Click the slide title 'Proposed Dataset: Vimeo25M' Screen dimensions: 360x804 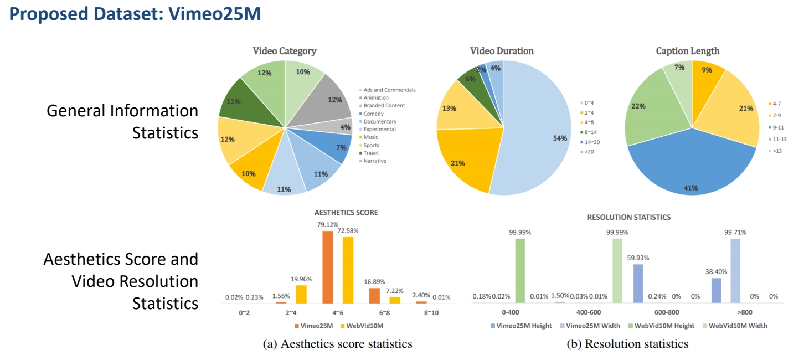136,14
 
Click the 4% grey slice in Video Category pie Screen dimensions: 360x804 344,127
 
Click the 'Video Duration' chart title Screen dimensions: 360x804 502,51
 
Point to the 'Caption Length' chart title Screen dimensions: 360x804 688,51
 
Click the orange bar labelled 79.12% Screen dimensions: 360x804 328,267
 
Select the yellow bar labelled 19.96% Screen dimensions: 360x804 301,294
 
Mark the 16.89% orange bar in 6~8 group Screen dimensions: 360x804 375,295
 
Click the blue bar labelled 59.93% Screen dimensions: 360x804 638,283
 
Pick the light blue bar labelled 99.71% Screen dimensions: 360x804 735,270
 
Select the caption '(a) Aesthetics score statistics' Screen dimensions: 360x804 337,344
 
